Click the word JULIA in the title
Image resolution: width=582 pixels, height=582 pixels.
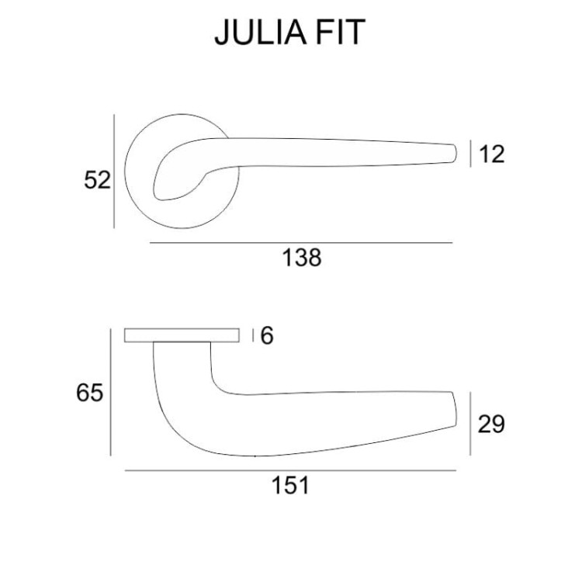(261, 33)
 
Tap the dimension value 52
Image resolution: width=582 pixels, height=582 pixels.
(97, 180)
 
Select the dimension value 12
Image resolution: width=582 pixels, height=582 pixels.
(492, 154)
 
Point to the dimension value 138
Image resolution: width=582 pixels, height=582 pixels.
(302, 258)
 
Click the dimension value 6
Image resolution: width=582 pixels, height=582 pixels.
(267, 335)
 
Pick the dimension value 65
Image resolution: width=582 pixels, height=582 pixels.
(89, 393)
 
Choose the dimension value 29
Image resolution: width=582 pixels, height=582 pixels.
(491, 424)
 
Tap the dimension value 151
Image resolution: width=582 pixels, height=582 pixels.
(291, 485)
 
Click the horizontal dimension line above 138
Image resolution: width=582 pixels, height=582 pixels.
(301, 243)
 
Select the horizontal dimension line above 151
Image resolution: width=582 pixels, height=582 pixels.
(290, 471)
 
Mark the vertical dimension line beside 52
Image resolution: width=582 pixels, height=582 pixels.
(114, 171)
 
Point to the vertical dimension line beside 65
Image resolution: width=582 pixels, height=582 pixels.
(111, 392)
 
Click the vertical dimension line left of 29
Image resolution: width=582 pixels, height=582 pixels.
(470, 424)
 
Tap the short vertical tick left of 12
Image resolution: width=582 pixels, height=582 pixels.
(470, 154)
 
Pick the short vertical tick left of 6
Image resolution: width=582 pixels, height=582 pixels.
(253, 335)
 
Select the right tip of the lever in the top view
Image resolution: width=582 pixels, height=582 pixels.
(456, 153)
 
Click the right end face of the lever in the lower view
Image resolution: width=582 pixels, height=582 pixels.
(455, 409)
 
